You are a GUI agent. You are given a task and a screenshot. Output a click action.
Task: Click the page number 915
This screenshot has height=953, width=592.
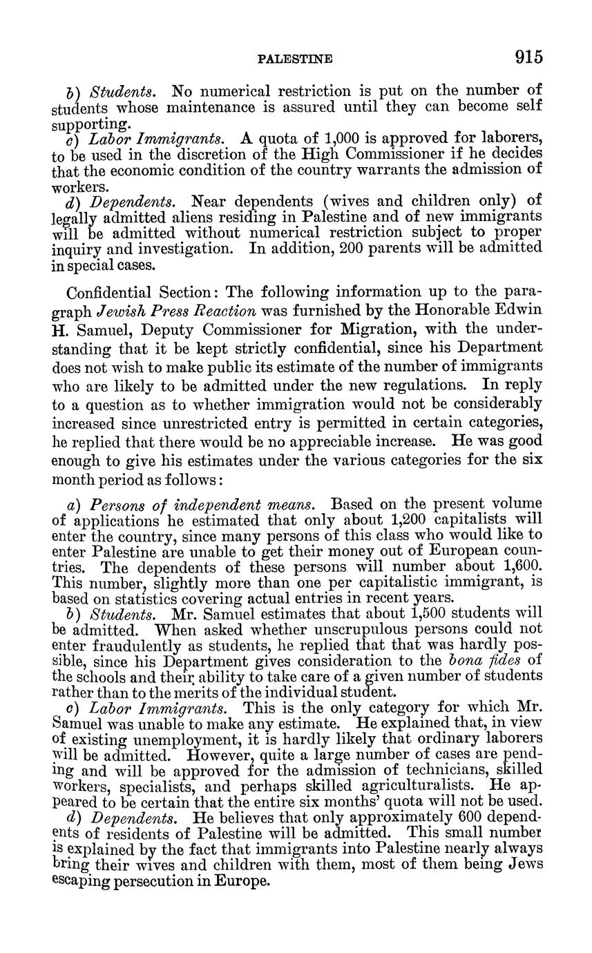(x=528, y=57)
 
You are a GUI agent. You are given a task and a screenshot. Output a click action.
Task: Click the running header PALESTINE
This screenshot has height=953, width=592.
(x=294, y=60)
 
